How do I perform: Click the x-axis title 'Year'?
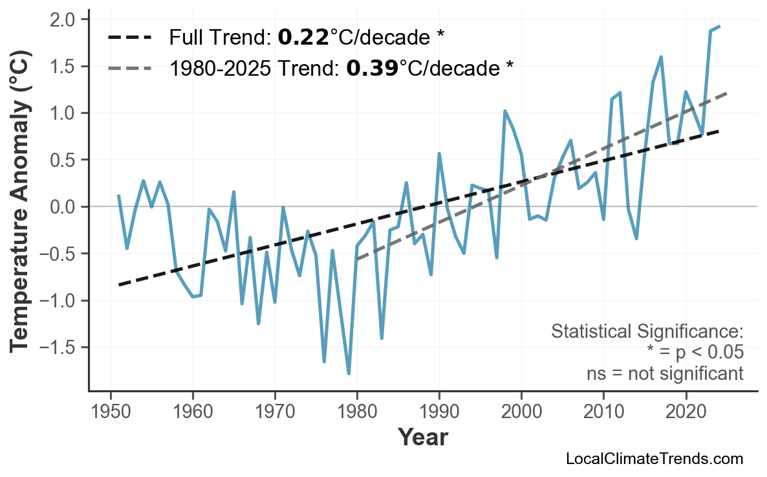pyautogui.click(x=422, y=438)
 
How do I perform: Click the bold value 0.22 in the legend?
pyautogui.click(x=303, y=38)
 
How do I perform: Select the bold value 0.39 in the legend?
pyautogui.click(x=372, y=68)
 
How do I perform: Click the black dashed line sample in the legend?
pyautogui.click(x=129, y=38)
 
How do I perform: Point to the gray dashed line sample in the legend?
pyautogui.click(x=129, y=68)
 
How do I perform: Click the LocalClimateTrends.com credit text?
pyautogui.click(x=654, y=460)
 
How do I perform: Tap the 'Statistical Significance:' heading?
pyautogui.click(x=647, y=332)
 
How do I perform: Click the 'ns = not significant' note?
pyautogui.click(x=665, y=373)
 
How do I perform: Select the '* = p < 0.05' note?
pyautogui.click(x=695, y=353)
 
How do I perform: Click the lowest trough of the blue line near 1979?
pyautogui.click(x=349, y=373)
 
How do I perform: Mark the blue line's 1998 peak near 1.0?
pyautogui.click(x=505, y=111)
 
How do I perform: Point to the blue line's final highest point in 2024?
pyautogui.click(x=719, y=27)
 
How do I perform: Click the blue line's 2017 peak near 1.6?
pyautogui.click(x=661, y=57)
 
